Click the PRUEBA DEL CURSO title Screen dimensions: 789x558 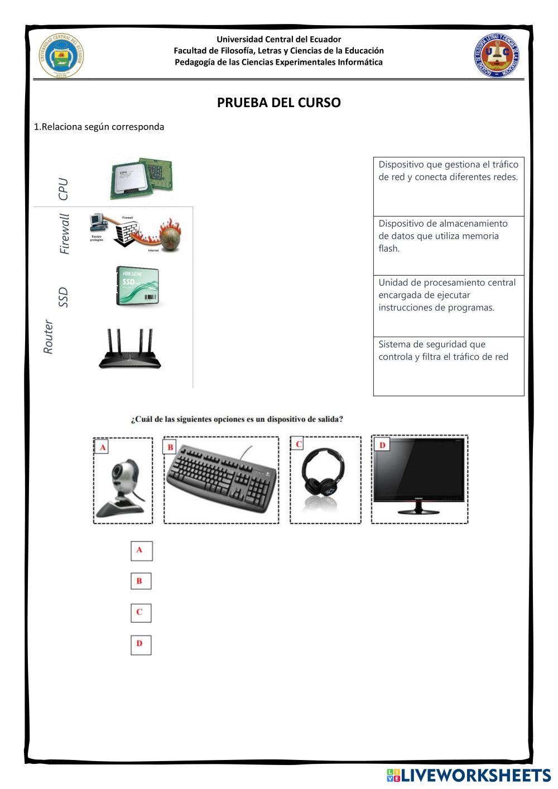pos(278,103)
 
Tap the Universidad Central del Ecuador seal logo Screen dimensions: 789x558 pos(61,55)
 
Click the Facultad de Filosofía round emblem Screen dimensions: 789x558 pos(496,55)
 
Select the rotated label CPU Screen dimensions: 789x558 pos(63,189)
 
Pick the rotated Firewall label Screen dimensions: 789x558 pos(65,234)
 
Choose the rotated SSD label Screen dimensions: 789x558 pos(63,297)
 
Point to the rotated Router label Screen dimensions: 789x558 pos(49,337)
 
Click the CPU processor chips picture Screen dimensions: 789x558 pos(141,178)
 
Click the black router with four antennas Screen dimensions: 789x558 pos(130,350)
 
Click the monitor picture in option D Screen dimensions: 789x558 pos(420,477)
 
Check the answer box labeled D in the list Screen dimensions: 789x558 pos(141,644)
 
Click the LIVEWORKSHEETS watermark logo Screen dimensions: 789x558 pos(469,775)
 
